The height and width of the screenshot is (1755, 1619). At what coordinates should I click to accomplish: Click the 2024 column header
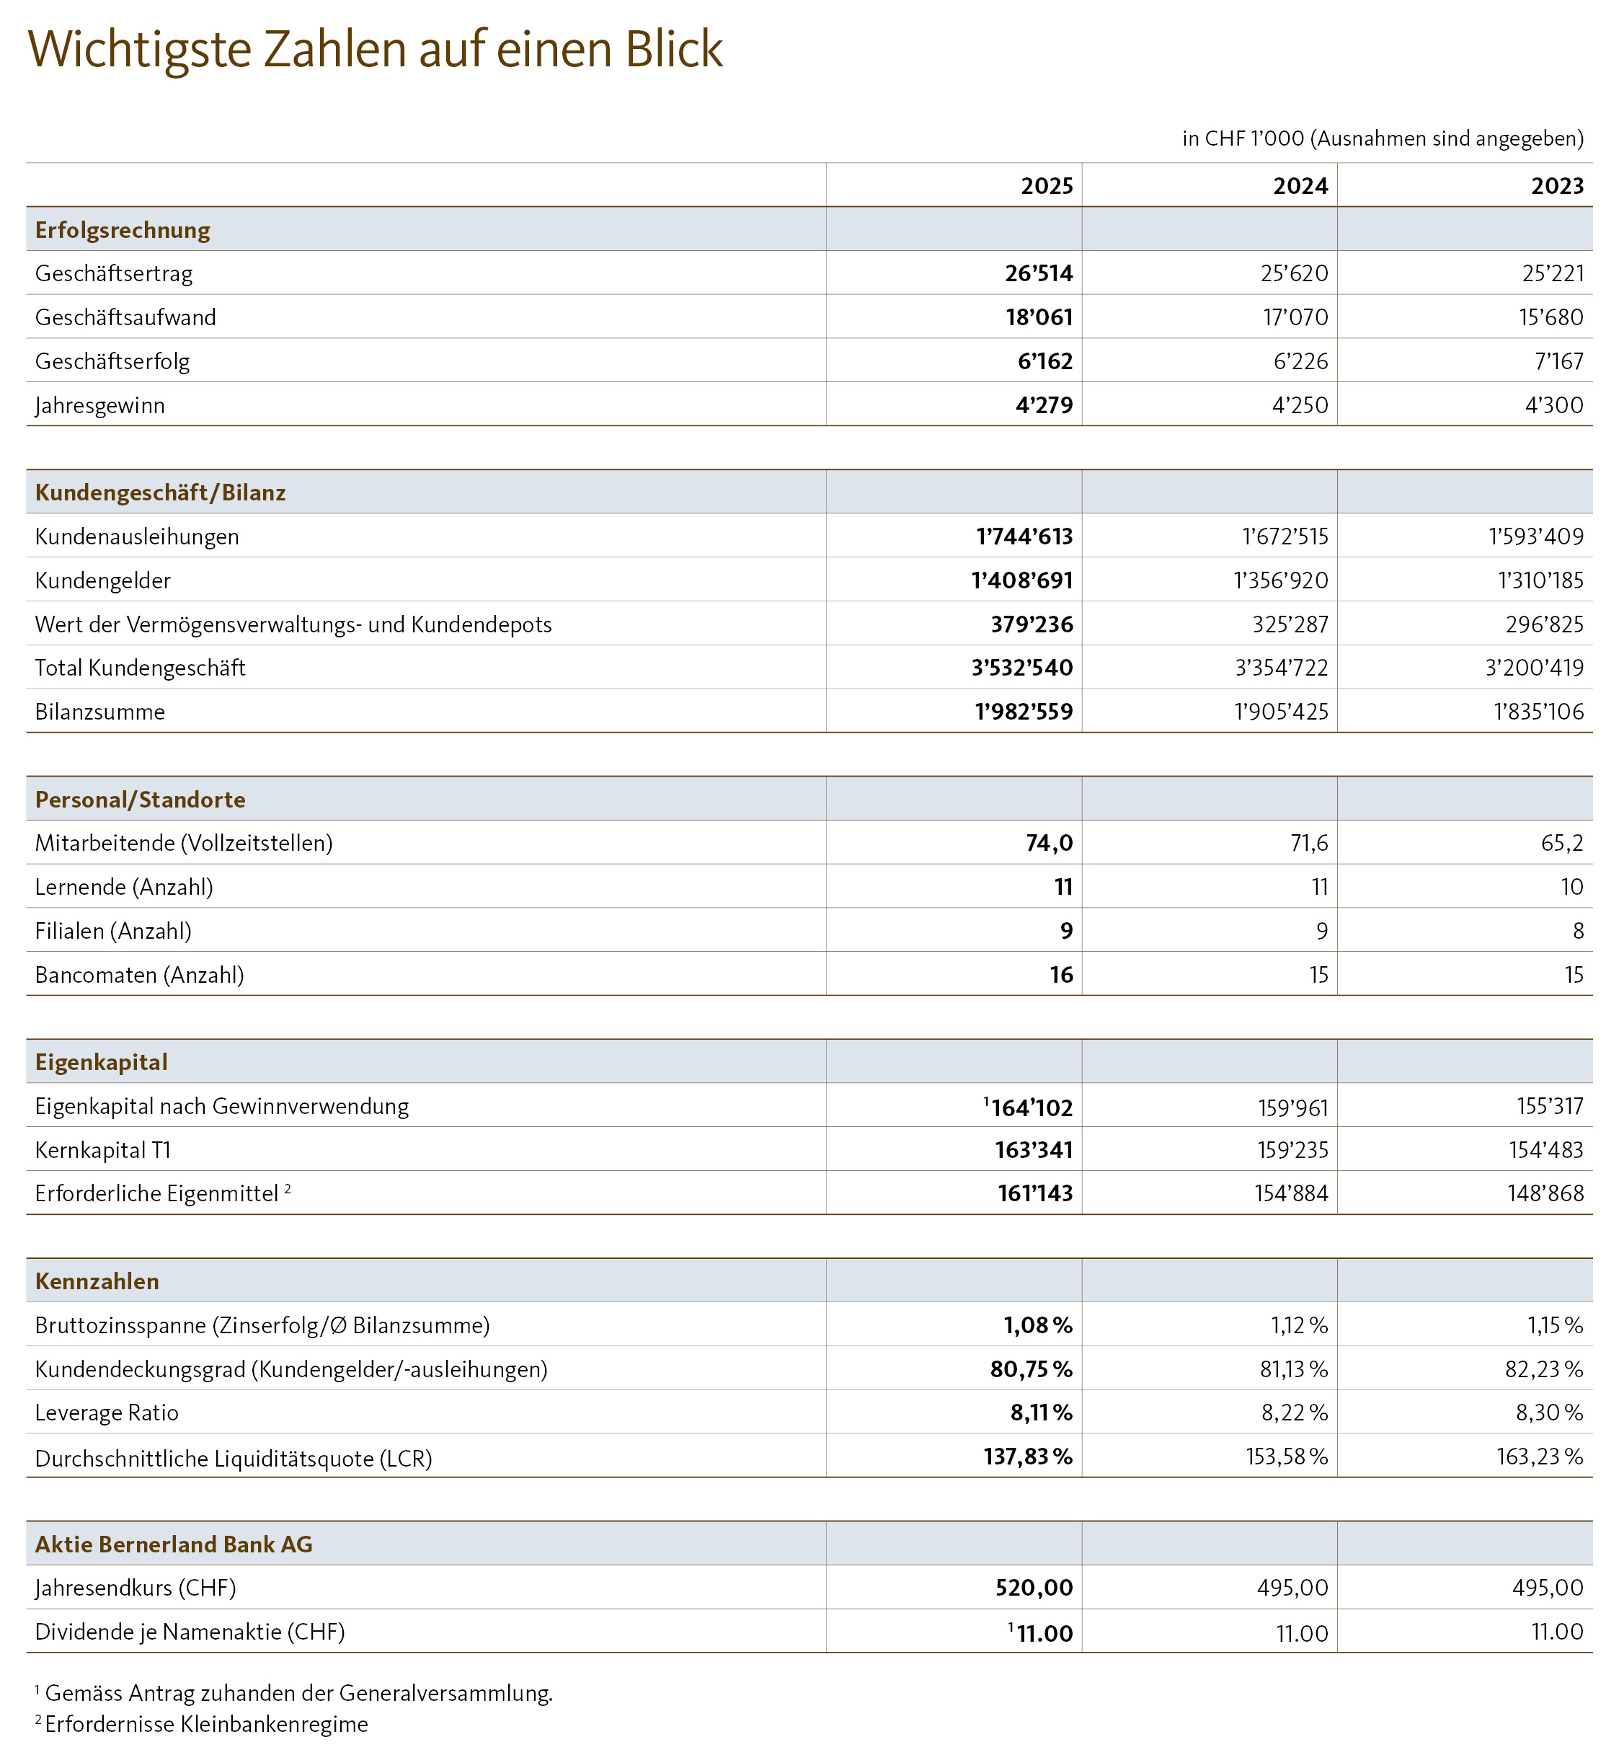[x=1300, y=186]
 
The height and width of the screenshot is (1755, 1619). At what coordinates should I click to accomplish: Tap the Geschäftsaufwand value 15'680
[x=1551, y=317]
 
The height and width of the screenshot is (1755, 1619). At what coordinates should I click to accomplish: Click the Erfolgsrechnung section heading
[x=123, y=231]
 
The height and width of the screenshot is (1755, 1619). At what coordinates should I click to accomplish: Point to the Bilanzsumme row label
[x=100, y=712]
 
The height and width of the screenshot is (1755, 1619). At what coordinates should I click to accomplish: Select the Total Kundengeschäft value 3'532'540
[x=1021, y=668]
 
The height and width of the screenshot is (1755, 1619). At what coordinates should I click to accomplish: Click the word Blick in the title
[x=674, y=50]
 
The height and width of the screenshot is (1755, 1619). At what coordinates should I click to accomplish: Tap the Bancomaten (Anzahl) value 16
[x=1061, y=974]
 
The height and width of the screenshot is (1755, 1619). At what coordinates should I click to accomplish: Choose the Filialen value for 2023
[x=1578, y=931]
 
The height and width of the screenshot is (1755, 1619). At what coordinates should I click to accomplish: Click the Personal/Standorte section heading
[x=140, y=799]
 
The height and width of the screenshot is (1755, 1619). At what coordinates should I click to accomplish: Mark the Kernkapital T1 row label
[x=102, y=1149]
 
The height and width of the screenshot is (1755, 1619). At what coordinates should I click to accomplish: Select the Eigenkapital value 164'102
[x=1031, y=1108]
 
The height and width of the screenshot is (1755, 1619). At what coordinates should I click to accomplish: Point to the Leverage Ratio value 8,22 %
[x=1294, y=1413]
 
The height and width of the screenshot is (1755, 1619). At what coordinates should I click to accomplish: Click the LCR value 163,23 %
[x=1539, y=1456]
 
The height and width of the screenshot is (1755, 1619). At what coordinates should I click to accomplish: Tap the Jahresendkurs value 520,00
[x=1034, y=1588]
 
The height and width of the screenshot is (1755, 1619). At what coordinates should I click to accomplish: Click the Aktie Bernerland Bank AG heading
[x=174, y=1544]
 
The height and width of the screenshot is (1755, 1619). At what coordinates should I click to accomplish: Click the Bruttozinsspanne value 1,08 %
[x=1037, y=1325]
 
